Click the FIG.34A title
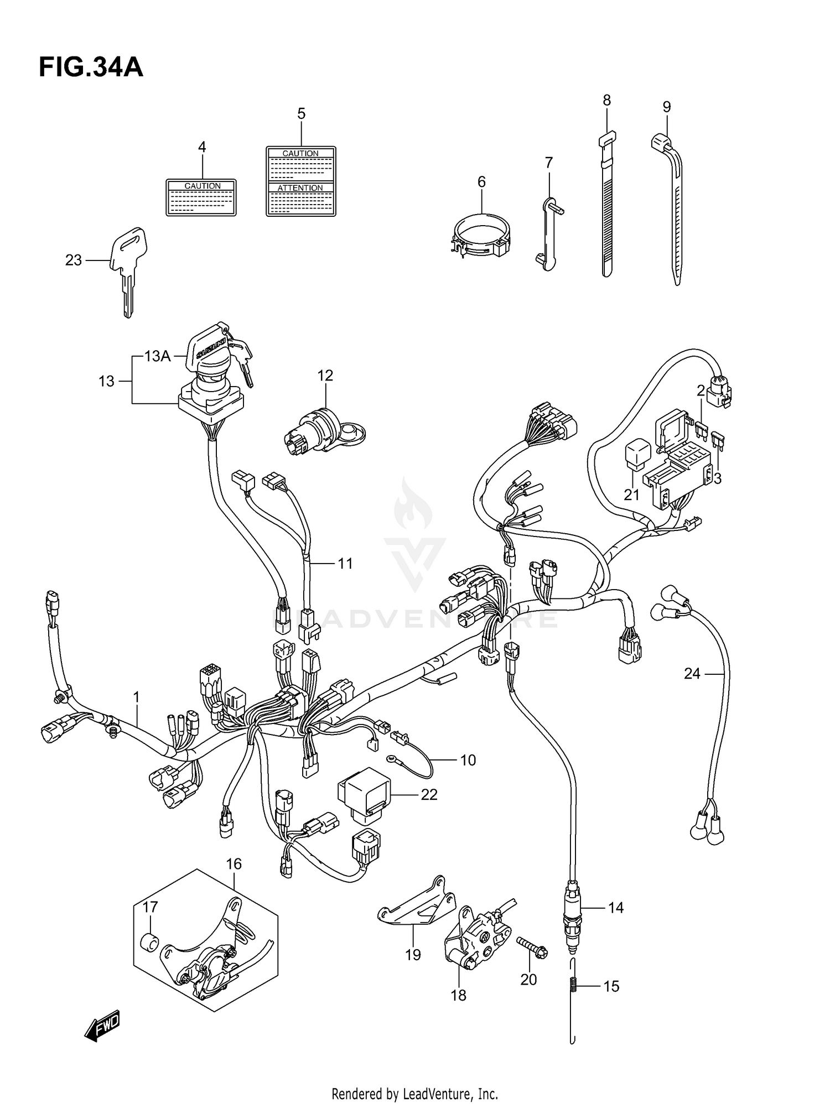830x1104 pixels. [x=91, y=68]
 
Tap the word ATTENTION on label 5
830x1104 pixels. [x=300, y=188]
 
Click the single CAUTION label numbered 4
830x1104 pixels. [x=201, y=197]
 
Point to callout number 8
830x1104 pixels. [x=606, y=101]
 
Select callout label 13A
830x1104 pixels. [x=157, y=356]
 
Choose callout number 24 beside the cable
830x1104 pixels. [x=692, y=674]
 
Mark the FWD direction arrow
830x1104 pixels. [x=102, y=1028]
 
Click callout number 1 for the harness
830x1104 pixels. [x=136, y=698]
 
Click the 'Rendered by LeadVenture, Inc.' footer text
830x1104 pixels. [x=414, y=1093]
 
